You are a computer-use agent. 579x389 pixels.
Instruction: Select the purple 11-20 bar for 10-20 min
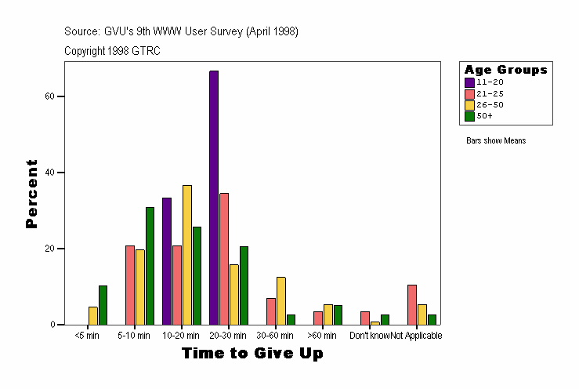coord(167,261)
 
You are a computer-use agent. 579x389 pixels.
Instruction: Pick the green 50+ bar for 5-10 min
coord(150,266)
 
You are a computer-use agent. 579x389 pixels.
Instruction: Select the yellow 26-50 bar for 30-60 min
coord(281,300)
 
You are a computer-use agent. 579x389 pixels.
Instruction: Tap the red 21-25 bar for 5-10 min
coord(130,285)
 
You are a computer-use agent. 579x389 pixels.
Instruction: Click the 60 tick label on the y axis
coord(49,96)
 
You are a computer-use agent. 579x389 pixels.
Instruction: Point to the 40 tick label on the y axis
coord(49,173)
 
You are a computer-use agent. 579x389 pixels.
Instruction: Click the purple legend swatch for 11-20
coord(469,82)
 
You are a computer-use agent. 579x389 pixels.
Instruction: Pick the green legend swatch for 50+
coord(469,116)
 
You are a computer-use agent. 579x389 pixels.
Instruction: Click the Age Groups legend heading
coord(505,70)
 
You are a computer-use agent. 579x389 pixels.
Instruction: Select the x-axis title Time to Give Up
coord(252,354)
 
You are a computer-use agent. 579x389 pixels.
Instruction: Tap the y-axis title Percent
coord(32,194)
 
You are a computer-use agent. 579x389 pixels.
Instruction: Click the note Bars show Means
coord(496,141)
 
